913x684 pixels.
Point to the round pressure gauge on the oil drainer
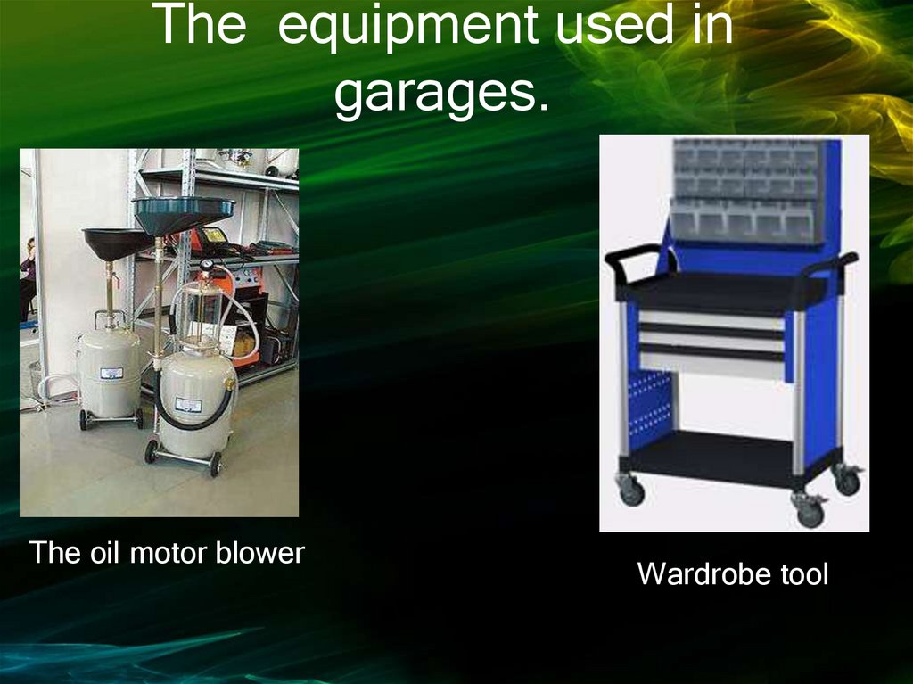click(207, 265)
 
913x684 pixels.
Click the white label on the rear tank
click(111, 375)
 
